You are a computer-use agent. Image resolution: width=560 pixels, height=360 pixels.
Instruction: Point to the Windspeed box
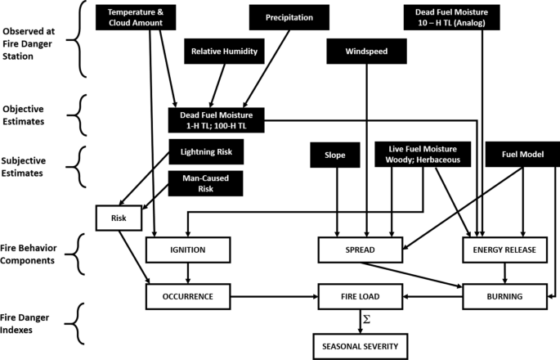pyautogui.click(x=367, y=52)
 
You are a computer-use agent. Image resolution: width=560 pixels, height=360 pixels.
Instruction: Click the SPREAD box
pyautogui.click(x=361, y=250)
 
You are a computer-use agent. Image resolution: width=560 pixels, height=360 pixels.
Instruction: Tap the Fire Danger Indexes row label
pyautogui.click(x=34, y=316)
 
